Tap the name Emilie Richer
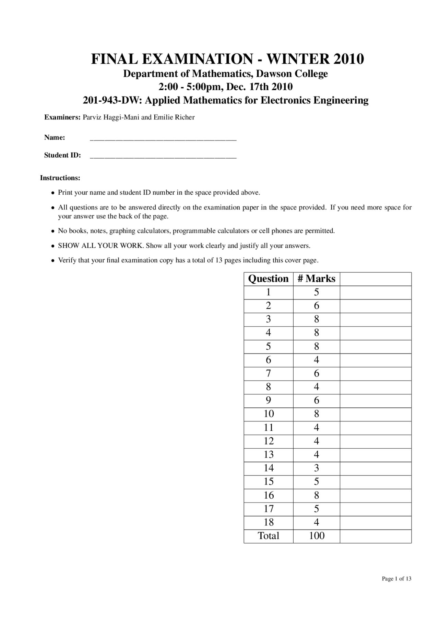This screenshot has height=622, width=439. tap(174, 117)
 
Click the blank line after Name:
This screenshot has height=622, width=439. tap(163, 139)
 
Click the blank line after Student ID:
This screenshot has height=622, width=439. tap(163, 156)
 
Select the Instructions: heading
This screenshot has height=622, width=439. tap(60, 178)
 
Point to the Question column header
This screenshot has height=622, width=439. tap(268, 279)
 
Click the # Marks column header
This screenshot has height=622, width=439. tap(316, 279)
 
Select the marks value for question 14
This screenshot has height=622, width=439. tap(316, 468)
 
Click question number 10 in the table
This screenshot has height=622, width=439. tap(269, 414)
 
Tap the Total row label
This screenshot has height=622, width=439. tap(269, 536)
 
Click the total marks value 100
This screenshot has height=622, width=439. tap(316, 536)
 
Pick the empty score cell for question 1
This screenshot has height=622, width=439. tap(375, 292)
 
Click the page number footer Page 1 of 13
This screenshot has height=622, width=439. tap(396, 579)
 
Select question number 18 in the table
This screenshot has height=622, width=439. tap(269, 522)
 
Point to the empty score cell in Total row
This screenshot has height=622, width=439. tap(375, 536)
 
